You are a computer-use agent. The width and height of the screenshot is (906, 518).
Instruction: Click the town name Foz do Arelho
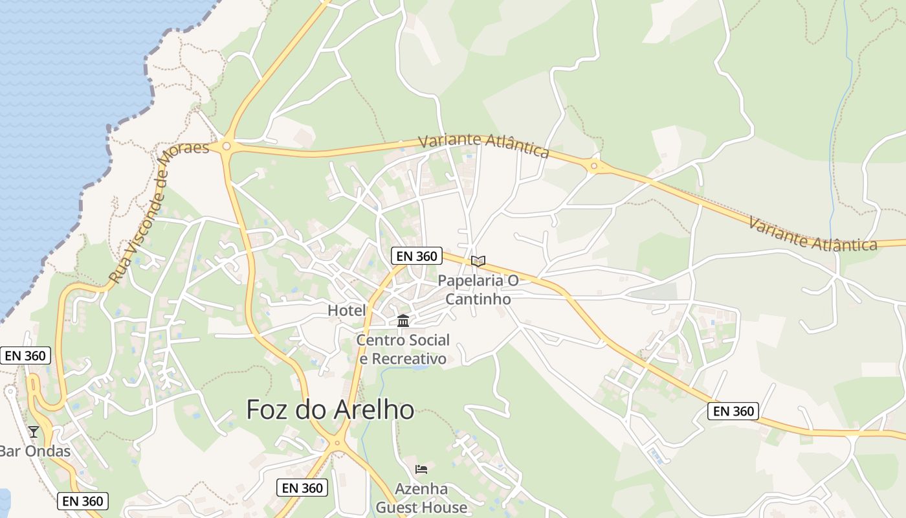point(330,409)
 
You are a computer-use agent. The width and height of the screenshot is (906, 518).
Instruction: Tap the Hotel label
point(347,310)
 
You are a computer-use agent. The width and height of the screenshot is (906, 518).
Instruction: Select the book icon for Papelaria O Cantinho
point(478,261)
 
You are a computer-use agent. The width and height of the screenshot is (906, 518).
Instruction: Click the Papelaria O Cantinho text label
point(478,289)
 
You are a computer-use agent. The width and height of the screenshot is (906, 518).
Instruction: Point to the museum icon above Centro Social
point(403,321)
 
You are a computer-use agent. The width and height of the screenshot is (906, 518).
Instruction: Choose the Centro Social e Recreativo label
point(403,349)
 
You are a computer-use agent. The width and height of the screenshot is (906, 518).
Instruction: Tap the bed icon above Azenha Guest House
point(421,469)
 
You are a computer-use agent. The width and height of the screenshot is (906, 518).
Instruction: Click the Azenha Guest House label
point(421,498)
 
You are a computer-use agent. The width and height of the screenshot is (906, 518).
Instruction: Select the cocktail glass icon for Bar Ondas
point(33,431)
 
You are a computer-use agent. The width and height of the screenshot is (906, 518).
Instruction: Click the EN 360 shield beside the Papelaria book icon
point(417,256)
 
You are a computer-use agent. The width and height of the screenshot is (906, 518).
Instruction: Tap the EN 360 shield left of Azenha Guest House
point(302,488)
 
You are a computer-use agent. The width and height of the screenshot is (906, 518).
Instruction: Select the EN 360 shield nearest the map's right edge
point(733,411)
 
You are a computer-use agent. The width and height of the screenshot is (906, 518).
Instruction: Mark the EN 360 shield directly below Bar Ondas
point(82,501)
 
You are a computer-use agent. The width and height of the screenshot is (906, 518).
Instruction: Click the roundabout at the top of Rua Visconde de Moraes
point(226,146)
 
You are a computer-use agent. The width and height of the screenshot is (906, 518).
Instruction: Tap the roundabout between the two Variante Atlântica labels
point(593,166)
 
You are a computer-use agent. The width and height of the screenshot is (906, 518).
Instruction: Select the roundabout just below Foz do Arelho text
point(336,444)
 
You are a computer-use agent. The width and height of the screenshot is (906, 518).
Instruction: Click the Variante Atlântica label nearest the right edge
point(812,235)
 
